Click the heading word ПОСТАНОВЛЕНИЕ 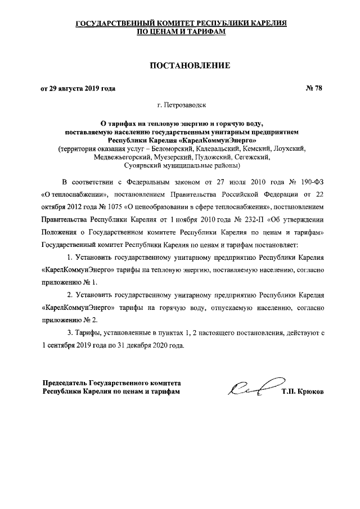tap(190, 66)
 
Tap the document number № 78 tap(313, 88)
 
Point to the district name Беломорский tap(165, 148)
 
